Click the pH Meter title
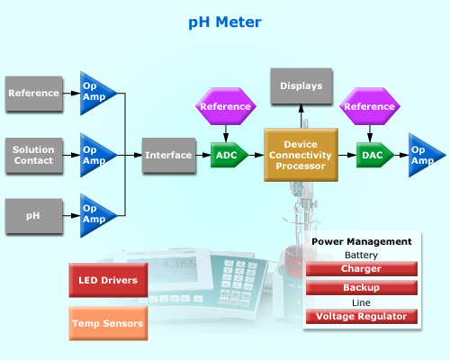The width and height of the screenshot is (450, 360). [225, 22]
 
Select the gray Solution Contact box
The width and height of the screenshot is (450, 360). [34, 156]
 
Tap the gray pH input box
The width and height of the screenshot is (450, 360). [34, 216]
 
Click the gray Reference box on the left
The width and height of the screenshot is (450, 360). [34, 94]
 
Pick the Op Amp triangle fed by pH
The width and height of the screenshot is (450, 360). [95, 215]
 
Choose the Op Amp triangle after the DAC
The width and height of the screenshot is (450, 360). [424, 155]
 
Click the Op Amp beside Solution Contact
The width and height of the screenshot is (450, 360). [95, 155]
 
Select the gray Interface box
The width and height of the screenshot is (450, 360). [169, 155]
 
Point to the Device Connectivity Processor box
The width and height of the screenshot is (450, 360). [301, 155]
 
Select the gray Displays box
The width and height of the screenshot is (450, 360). [301, 86]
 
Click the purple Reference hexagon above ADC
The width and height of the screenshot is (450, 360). [226, 106]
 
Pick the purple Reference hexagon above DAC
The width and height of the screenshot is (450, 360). [370, 106]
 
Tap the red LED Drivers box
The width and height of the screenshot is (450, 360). [108, 280]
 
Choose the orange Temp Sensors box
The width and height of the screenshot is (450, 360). [108, 323]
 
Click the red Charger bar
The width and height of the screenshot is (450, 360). [362, 269]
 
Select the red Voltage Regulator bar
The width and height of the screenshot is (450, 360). [362, 317]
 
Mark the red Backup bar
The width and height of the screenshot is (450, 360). [362, 288]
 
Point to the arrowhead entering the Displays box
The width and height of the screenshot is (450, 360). [301, 108]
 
